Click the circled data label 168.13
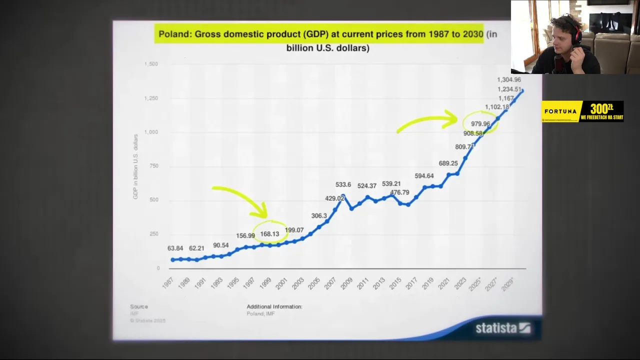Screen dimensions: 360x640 click(269, 234)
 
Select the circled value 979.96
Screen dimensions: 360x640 click(480, 124)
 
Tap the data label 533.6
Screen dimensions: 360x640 click(343, 185)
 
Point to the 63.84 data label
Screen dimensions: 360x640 click(175, 248)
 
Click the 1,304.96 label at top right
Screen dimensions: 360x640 click(509, 80)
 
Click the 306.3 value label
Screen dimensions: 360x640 click(319, 216)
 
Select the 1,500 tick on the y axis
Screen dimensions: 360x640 click(151, 64)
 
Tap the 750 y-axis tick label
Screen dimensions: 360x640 click(153, 166)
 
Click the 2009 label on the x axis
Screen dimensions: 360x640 click(346, 283)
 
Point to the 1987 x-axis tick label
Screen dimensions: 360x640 click(167, 283)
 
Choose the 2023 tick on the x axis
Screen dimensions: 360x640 click(459, 283)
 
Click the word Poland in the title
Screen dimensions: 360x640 click(174, 34)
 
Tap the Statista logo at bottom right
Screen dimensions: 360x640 click(502, 328)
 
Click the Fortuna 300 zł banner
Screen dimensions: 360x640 click(582, 111)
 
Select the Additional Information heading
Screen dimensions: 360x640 click(274, 306)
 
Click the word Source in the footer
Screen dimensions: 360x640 click(139, 306)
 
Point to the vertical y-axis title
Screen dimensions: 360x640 click(135, 166)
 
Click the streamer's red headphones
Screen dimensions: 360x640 click(577, 34)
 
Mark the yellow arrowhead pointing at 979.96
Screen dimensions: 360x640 click(452, 119)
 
